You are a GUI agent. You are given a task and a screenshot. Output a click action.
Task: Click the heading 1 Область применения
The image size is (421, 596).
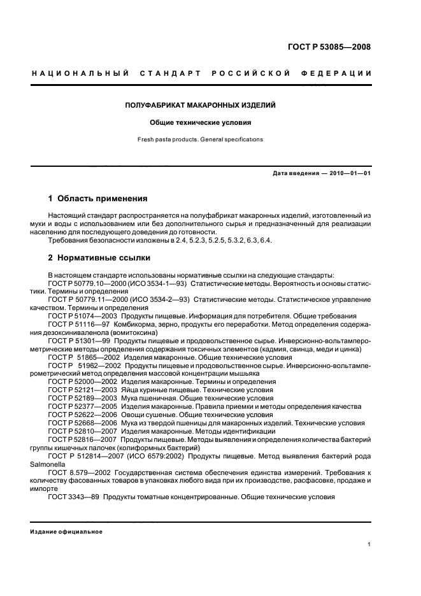pyautogui.click(x=98, y=199)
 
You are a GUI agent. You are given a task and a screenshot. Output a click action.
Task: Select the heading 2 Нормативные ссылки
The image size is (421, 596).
pyautogui.click(x=100, y=258)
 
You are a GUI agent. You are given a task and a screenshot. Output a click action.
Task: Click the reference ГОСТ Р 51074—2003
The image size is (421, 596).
pyautogui.click(x=82, y=316)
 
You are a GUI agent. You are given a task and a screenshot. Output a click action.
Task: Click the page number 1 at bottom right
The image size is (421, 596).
pyautogui.click(x=369, y=544)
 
